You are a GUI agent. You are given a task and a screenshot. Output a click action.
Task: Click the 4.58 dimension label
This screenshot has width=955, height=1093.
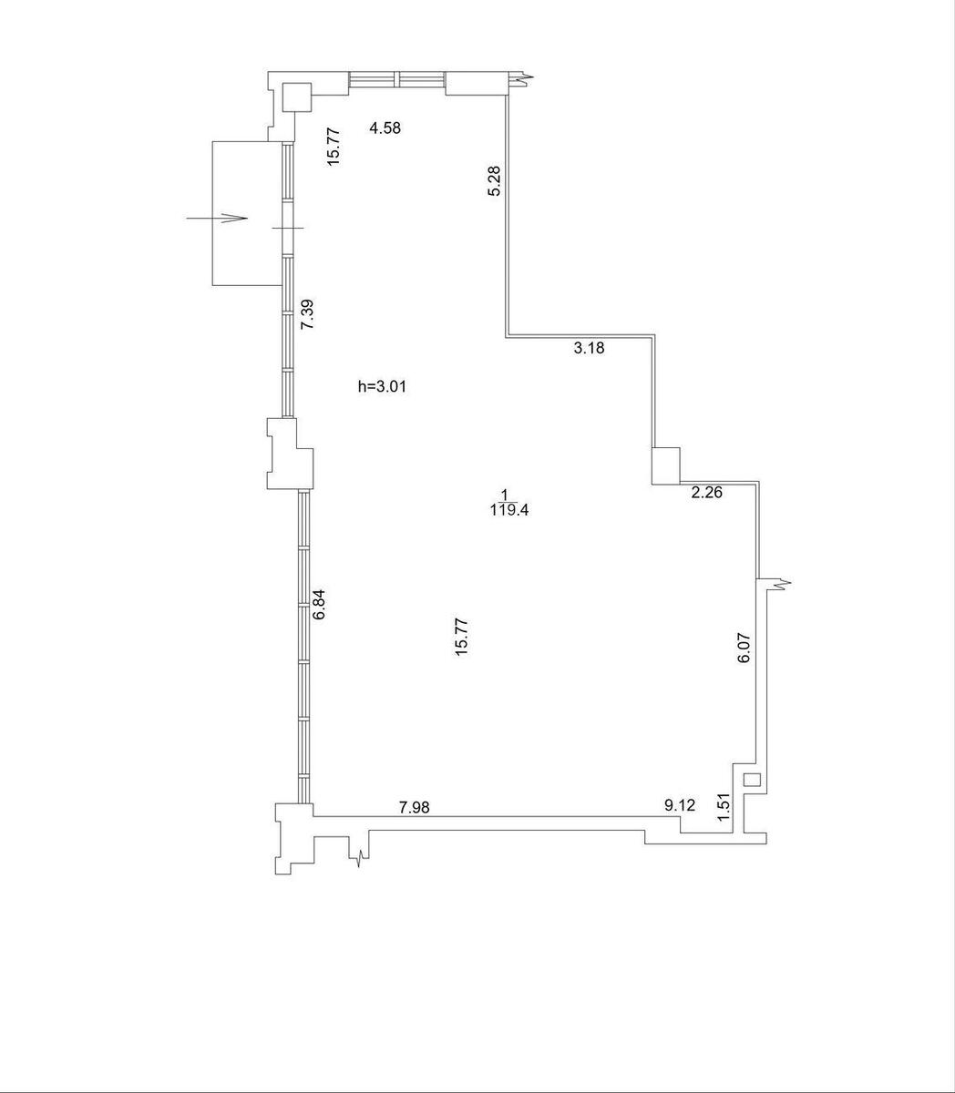[385, 128]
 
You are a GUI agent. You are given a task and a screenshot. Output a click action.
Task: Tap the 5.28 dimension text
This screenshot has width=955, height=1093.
[494, 181]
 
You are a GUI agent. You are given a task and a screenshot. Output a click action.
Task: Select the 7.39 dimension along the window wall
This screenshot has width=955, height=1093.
[307, 314]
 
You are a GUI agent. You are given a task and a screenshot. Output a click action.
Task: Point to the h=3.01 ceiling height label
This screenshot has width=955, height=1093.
[382, 386]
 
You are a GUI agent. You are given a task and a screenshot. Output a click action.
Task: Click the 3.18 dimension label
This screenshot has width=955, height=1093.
[589, 348]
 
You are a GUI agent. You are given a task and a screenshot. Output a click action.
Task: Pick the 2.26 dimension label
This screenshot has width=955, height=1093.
[706, 492]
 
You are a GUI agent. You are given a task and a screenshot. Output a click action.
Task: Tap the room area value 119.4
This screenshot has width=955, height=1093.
[508, 510]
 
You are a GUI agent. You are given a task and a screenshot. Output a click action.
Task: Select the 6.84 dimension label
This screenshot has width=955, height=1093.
[319, 604]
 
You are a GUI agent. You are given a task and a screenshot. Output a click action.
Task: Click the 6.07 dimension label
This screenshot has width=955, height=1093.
[744, 648]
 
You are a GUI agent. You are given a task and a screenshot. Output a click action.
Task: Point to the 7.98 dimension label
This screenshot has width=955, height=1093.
[415, 807]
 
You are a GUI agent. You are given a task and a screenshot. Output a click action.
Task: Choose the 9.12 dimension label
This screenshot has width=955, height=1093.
[680, 805]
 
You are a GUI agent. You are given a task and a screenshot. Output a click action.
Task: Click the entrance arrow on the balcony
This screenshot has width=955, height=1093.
[217, 218]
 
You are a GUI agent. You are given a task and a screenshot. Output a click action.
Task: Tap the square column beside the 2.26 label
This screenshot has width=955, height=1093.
[665, 465]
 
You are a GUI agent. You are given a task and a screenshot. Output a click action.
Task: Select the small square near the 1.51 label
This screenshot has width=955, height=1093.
[752, 780]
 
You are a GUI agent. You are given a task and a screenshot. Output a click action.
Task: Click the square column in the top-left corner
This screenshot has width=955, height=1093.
[296, 97]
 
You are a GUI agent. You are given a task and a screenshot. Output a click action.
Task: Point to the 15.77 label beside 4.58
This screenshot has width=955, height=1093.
[334, 147]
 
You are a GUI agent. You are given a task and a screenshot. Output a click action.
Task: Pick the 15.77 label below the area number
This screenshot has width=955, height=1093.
[461, 637]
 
